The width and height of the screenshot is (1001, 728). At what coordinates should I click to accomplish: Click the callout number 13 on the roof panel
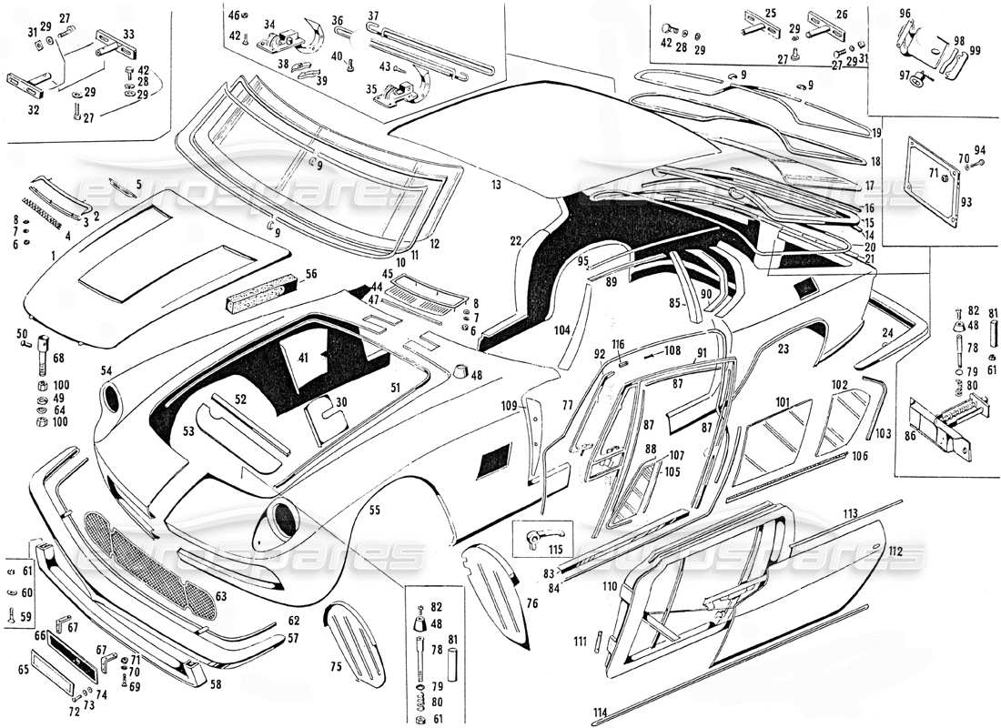pos(496,185)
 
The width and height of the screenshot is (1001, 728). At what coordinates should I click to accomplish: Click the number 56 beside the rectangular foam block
pos(311,273)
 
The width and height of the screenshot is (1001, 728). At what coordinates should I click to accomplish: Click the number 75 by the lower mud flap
pos(335,667)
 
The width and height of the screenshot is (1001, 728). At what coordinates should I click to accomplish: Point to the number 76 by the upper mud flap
pos(531,602)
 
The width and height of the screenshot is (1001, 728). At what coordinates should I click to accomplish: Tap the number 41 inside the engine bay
pos(302,357)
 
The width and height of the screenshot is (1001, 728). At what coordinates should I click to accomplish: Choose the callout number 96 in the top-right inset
pos(905,13)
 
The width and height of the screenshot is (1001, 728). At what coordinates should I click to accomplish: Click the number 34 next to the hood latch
pos(269,24)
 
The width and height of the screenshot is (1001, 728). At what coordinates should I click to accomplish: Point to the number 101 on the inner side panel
pos(781,401)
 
